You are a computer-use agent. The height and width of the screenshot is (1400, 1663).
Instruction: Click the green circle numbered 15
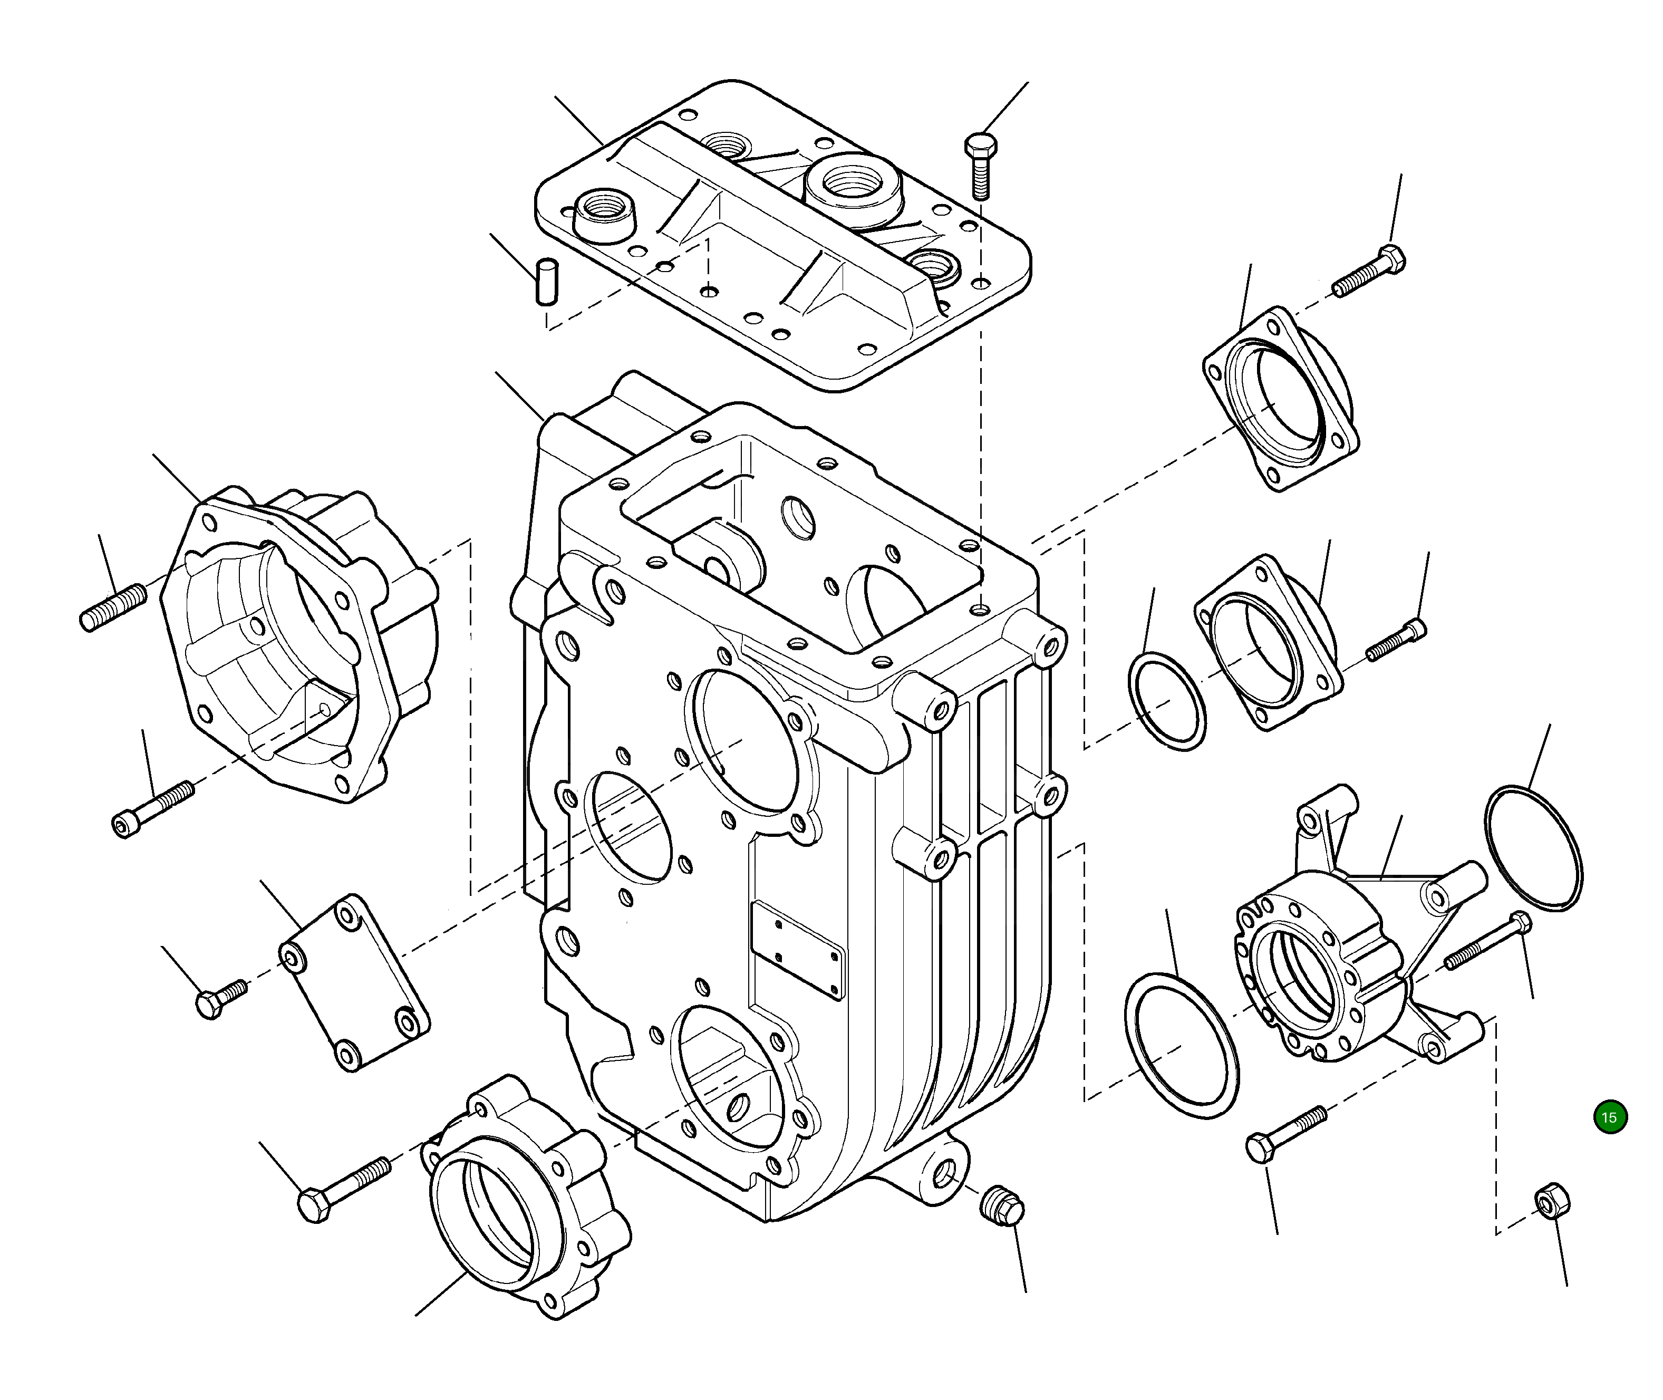tap(1610, 1117)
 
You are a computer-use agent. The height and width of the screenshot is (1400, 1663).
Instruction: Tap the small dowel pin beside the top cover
tap(546, 281)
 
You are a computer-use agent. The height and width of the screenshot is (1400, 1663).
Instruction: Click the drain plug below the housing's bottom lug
tap(1002, 1206)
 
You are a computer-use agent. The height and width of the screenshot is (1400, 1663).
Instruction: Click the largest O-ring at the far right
tap(1533, 847)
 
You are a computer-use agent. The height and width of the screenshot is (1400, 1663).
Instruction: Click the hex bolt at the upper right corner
tap(1369, 272)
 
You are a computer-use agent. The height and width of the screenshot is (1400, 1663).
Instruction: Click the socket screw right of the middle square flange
tap(1396, 641)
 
